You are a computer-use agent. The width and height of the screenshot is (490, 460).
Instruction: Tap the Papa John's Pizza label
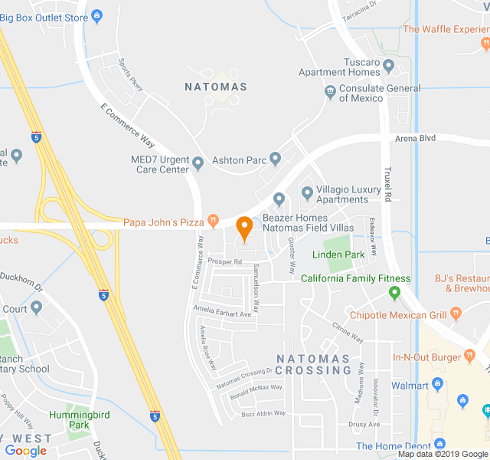point(164,222)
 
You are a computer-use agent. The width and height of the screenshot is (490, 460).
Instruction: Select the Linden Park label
point(338,255)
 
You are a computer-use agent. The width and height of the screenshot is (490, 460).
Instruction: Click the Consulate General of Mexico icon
point(330,93)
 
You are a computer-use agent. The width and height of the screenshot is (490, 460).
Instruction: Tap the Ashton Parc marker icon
point(276,159)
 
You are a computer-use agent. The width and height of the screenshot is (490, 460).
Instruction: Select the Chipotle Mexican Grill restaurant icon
point(456,314)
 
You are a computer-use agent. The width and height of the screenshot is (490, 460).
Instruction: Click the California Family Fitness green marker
point(395,292)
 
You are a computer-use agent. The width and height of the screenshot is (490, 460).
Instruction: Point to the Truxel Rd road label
point(387,184)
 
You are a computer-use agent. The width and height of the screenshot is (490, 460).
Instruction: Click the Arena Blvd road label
point(415,139)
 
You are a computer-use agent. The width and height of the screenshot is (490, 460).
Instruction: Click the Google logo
point(25,451)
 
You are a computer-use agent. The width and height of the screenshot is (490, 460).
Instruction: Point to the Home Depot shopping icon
point(439,444)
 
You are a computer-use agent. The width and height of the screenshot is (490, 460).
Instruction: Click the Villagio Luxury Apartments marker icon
point(307,192)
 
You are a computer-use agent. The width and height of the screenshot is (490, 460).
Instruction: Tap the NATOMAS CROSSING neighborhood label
point(313,364)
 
